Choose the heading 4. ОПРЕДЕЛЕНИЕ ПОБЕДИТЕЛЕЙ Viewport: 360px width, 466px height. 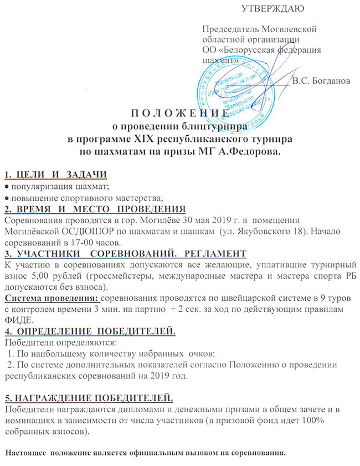click(x=90, y=332)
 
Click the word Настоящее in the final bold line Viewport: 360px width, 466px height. click(x=25, y=453)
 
